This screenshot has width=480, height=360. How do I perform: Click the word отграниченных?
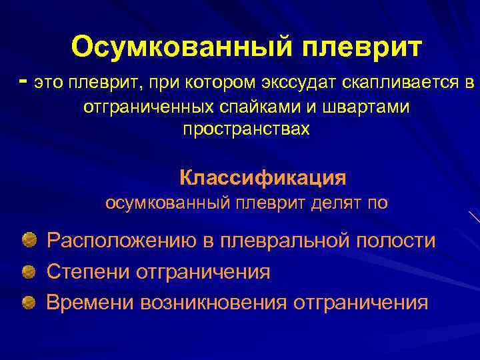tap(149, 107)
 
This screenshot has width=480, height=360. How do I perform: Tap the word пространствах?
tap(246, 129)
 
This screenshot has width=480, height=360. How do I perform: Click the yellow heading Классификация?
tap(263, 178)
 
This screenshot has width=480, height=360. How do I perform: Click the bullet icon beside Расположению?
tap(29, 239)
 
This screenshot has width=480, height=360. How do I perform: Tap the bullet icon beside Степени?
tap(29, 271)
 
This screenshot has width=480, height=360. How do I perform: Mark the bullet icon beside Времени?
tap(29, 303)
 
